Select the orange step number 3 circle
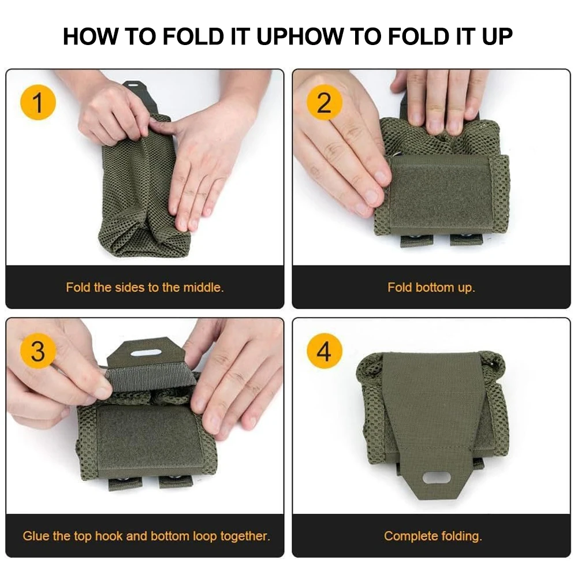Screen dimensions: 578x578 click(x=38, y=351)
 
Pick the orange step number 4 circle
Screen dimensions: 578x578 click(x=324, y=351)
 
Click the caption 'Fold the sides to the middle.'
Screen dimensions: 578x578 click(x=144, y=287)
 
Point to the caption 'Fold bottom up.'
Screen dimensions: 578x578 click(x=431, y=287)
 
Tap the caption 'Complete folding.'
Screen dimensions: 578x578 click(x=432, y=536)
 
